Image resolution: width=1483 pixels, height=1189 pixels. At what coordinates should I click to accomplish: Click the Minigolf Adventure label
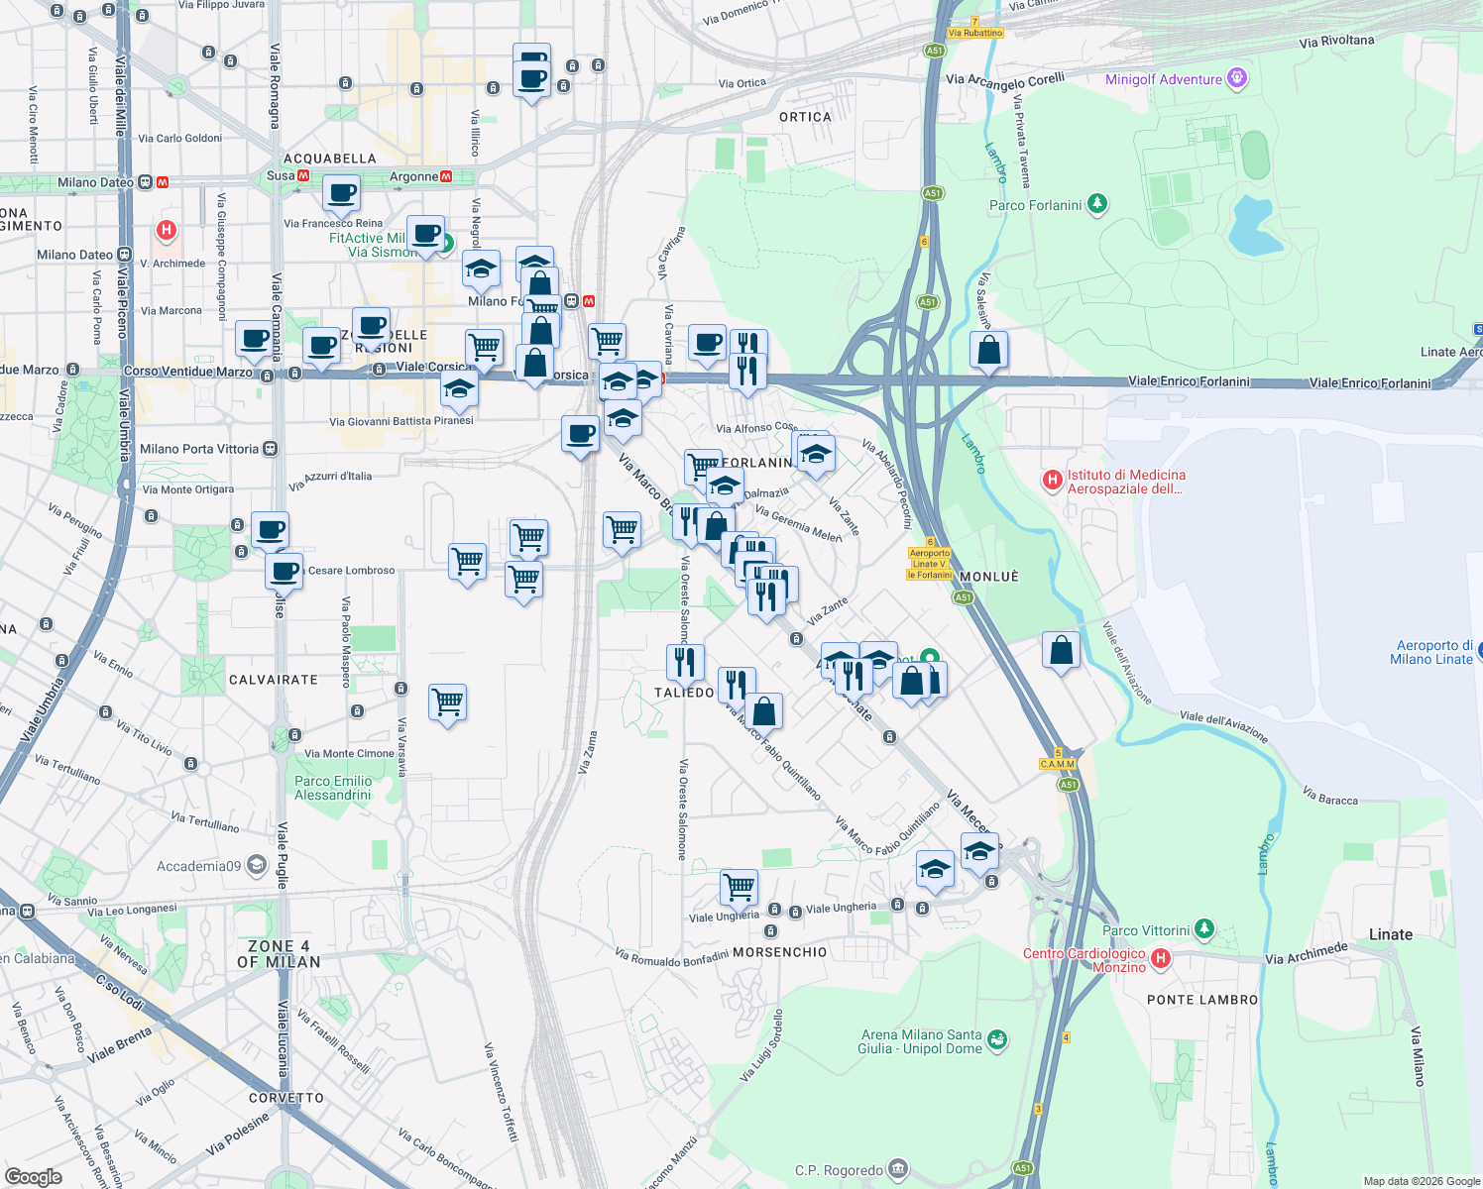click(1164, 79)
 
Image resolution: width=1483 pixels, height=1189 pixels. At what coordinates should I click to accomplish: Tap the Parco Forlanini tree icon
click(1096, 204)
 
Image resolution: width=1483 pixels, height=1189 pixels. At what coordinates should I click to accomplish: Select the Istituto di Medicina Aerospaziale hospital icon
click(1053, 481)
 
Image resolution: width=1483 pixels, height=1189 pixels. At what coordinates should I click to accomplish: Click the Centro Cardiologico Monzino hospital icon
click(1160, 958)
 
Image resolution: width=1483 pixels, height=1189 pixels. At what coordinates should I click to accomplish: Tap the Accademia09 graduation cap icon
click(257, 865)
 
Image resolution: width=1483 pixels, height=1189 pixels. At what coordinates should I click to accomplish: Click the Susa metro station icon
click(303, 175)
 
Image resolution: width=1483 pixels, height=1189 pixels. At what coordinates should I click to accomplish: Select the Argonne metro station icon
click(446, 176)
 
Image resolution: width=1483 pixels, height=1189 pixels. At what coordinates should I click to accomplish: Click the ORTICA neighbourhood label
click(805, 117)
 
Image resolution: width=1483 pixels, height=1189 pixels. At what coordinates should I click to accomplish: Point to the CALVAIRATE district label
click(274, 680)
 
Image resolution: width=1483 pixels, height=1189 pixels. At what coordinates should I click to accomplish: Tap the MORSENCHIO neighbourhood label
click(780, 952)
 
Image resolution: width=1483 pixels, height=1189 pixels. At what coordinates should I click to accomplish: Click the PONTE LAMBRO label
click(1202, 1000)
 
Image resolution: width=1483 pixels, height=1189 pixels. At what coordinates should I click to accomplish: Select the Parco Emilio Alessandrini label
click(333, 788)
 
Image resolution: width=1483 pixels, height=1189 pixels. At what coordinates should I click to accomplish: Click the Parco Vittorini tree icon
click(1203, 929)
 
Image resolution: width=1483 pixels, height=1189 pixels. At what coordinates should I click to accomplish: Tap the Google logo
click(33, 1176)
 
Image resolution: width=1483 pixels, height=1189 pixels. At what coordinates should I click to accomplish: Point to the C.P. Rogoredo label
click(839, 1170)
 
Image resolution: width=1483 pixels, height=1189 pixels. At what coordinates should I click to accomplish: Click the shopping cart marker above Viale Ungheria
click(739, 887)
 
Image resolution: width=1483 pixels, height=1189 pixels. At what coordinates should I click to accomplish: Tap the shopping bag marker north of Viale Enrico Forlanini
click(988, 350)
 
